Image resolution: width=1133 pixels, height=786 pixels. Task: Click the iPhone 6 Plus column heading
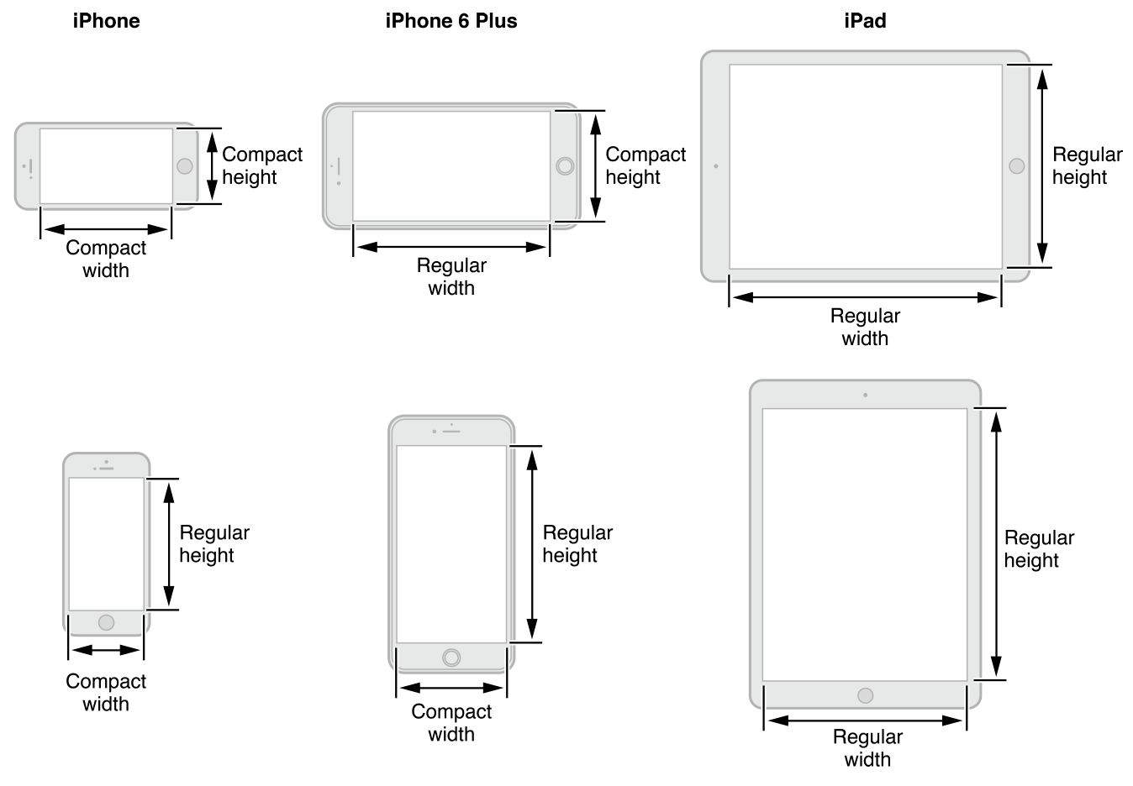tap(451, 21)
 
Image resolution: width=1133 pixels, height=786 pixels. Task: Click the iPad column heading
tap(865, 21)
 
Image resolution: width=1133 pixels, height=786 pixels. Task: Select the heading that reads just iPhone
tap(106, 21)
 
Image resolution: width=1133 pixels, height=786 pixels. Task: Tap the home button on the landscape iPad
tap(1016, 165)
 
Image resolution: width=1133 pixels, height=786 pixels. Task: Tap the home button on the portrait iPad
tap(865, 695)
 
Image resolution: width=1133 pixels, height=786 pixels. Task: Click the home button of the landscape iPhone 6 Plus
tap(565, 165)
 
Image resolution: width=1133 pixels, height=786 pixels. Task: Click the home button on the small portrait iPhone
tap(106, 622)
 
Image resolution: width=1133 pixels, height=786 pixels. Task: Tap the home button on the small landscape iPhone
tap(185, 165)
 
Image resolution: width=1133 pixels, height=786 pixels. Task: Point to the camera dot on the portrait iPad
tap(865, 395)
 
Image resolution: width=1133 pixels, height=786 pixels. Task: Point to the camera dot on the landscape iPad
tap(716, 166)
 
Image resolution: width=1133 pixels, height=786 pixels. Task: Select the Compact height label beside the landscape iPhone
tap(261, 165)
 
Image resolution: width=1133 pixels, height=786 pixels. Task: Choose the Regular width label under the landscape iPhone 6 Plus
tap(451, 276)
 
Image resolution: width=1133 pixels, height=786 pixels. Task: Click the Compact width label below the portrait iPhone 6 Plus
tap(451, 722)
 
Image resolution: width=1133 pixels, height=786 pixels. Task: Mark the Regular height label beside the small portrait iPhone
tap(213, 543)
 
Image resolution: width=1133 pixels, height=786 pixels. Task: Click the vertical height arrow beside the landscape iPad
tap(1042, 165)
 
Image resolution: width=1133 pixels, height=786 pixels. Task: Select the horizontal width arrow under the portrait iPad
tap(865, 720)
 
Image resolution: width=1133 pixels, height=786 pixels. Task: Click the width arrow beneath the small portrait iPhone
tap(106, 650)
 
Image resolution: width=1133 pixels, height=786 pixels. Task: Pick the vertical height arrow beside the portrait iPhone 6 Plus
tap(531, 544)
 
